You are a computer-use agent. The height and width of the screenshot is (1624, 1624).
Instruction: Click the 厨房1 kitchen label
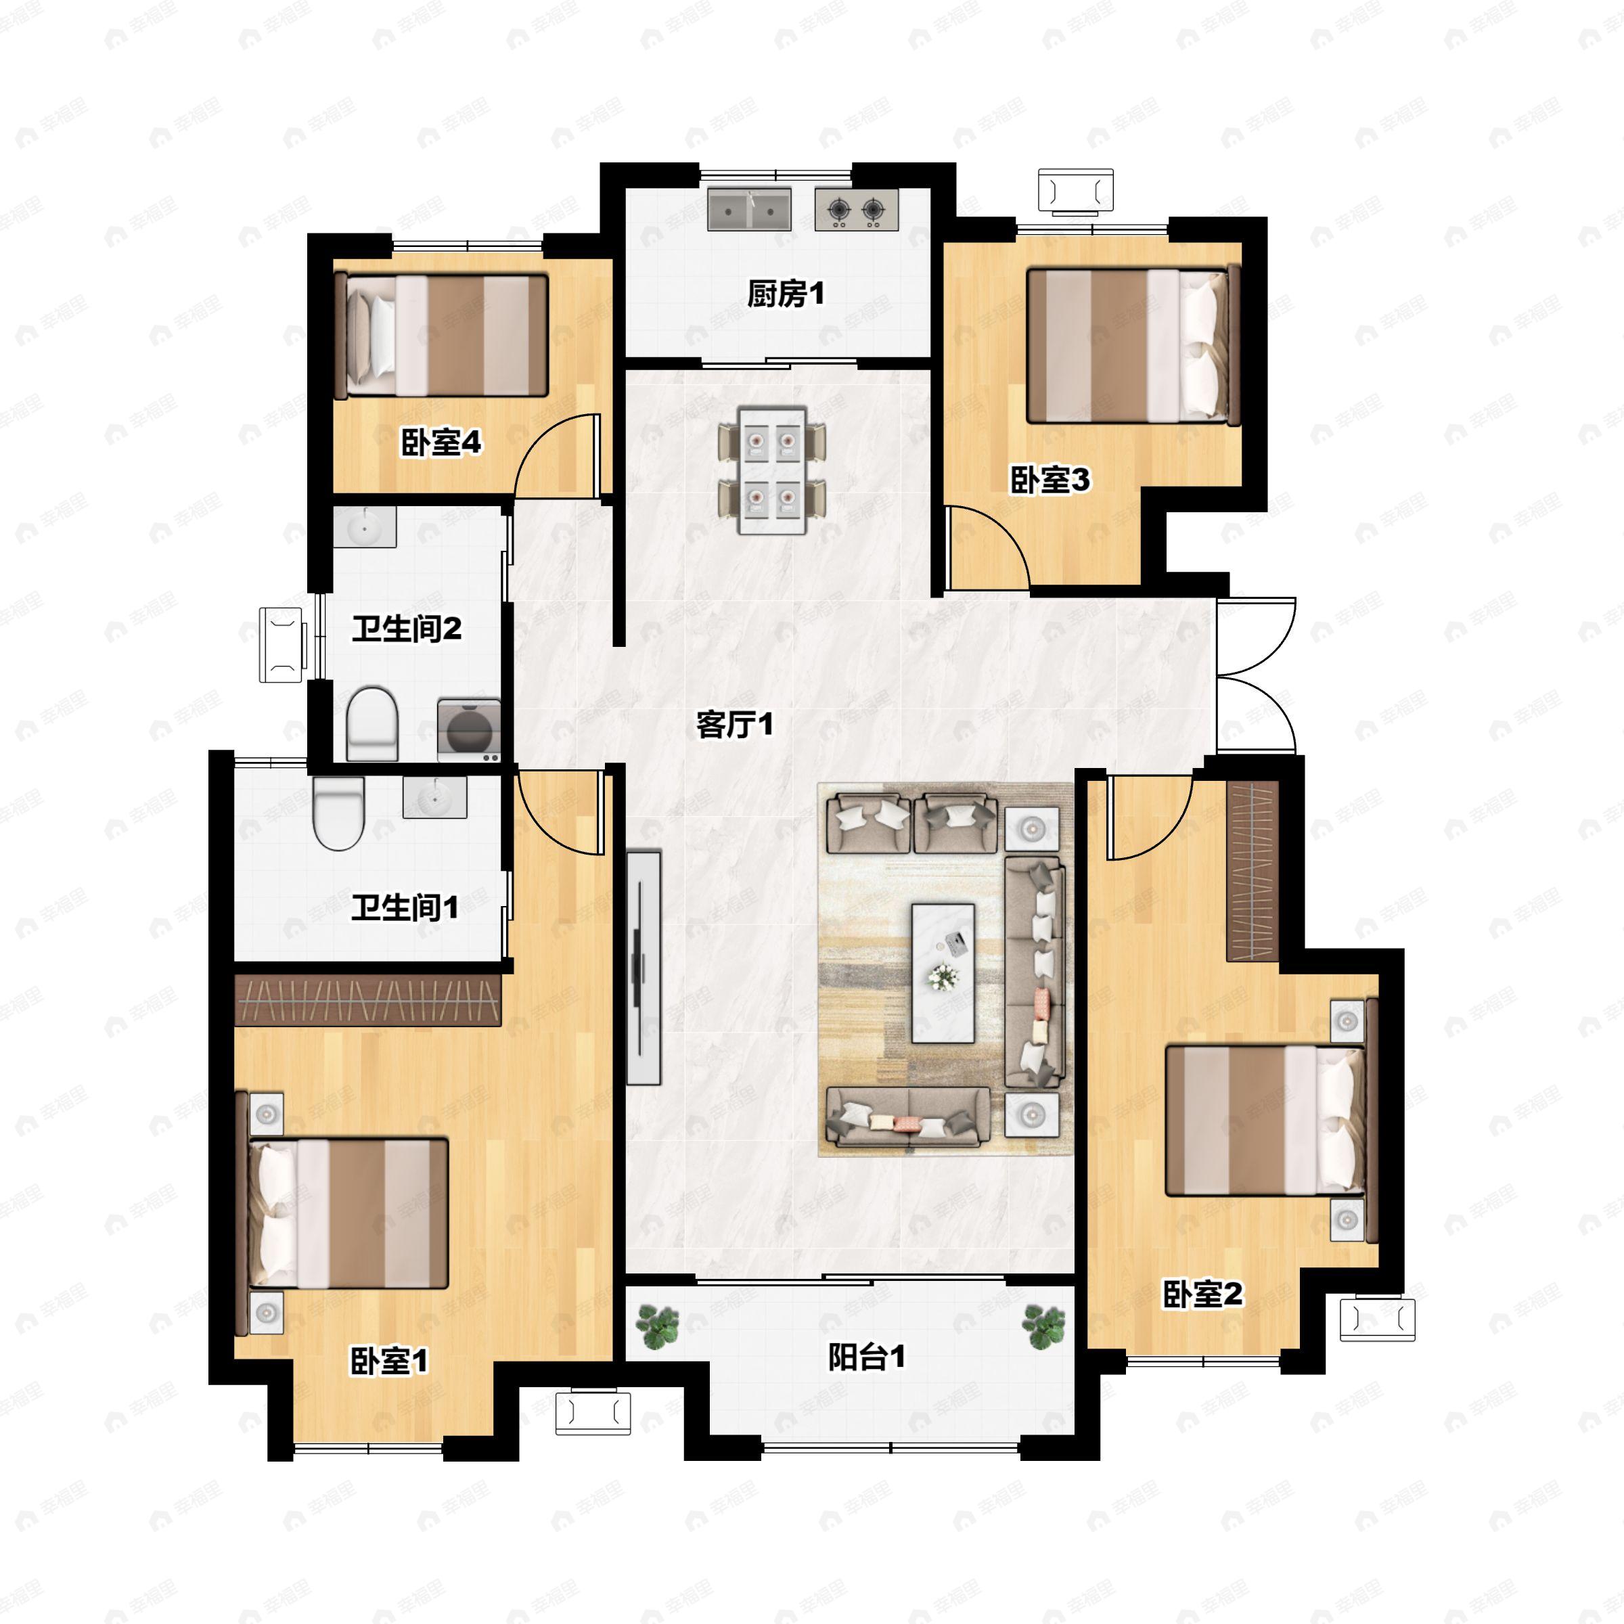tap(785, 294)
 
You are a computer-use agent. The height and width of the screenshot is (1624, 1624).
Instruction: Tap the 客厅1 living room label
tap(734, 724)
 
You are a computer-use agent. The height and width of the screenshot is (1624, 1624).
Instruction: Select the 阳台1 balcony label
tap(866, 1356)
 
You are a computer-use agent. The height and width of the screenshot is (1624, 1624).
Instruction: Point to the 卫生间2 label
tap(406, 628)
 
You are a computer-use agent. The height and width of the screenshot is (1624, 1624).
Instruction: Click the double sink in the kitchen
tap(749, 209)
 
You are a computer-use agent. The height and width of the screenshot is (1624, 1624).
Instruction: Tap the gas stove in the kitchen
tap(856, 209)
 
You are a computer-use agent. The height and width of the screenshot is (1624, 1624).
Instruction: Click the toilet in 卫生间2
tap(371, 722)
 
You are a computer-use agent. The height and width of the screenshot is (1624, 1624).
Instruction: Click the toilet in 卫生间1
tap(338, 811)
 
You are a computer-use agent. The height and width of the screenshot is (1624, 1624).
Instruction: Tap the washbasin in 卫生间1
tap(434, 797)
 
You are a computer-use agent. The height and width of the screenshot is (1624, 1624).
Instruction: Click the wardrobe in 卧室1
tap(367, 999)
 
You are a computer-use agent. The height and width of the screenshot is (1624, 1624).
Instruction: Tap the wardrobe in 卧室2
tap(1252, 870)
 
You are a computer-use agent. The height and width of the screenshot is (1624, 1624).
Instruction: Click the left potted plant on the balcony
tap(656, 1326)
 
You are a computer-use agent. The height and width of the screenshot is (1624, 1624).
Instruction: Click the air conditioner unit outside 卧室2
tap(1377, 1319)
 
